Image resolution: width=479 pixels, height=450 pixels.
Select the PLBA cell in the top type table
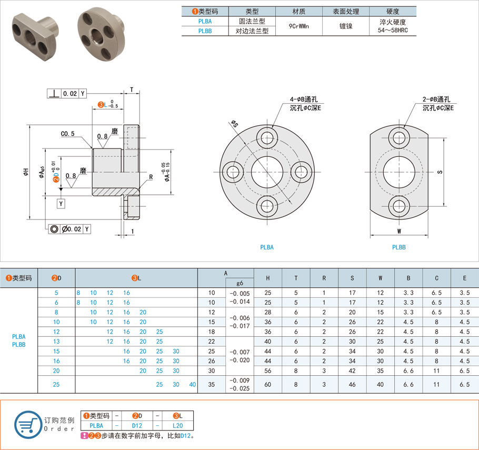coord(206,22)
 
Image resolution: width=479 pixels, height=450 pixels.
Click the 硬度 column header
coord(393,12)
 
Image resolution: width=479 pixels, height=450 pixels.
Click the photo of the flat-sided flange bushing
coord(35,32)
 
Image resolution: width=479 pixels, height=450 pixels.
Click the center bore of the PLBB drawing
coord(398,172)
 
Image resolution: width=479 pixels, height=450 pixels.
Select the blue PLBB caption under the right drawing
coord(398,247)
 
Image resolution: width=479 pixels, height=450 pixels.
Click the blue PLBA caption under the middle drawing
coord(267,247)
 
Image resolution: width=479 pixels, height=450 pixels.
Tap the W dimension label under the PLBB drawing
coord(398,231)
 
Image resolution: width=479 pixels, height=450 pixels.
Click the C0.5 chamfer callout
coord(67,134)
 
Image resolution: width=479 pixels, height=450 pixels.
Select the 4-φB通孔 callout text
coord(303,99)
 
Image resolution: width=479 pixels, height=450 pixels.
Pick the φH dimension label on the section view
coord(25,172)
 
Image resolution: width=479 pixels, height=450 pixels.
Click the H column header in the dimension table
coord(268,278)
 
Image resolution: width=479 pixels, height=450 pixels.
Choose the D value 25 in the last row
coord(56,385)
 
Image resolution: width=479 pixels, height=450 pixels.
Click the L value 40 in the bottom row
coord(192,385)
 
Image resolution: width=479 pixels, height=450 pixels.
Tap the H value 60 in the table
coord(268,385)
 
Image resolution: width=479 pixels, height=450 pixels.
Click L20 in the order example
coord(178,425)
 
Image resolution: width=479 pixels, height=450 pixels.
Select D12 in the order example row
coord(137,425)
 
